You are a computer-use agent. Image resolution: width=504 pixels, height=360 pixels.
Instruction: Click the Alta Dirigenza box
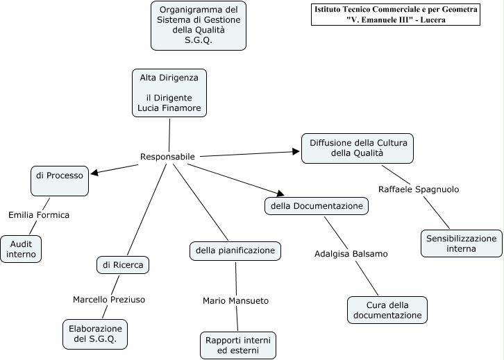[x=169, y=93]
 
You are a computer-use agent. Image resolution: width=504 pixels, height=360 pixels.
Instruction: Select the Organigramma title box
[x=199, y=25]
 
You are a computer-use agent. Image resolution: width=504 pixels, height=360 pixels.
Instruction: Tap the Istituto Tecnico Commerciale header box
[x=396, y=15]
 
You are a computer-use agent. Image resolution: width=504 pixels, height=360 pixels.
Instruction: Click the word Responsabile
[x=167, y=157]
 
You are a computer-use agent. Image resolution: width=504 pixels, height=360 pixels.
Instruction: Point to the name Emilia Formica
[x=39, y=215]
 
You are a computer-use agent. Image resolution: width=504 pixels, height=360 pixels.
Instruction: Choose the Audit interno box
[x=21, y=249]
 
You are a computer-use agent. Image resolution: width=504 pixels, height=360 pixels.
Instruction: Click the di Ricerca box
[x=123, y=265]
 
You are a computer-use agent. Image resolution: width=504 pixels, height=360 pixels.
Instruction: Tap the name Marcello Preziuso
[x=109, y=300]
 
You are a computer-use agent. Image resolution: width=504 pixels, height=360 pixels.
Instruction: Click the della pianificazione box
[x=235, y=250]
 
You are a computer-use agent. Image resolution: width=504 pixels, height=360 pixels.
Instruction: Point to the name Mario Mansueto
[x=235, y=301]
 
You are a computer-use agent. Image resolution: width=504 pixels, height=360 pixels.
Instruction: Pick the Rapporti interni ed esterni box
[x=238, y=345]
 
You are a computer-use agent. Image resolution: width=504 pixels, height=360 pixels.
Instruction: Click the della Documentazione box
[x=317, y=206]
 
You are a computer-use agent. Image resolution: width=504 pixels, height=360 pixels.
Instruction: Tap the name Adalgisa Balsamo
[x=351, y=254]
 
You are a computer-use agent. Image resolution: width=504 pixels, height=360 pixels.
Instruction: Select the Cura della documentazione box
[x=387, y=310]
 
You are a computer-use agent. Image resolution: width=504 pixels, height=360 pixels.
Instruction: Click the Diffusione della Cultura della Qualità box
[x=358, y=148]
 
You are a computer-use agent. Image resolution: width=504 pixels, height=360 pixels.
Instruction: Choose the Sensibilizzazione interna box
[x=462, y=243]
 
